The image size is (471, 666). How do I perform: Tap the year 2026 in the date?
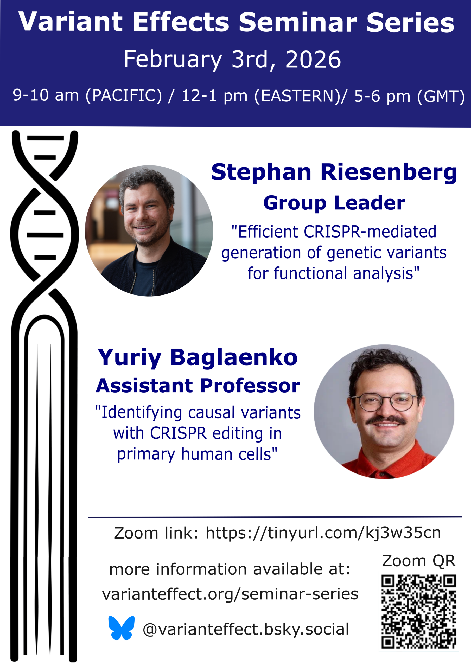(x=313, y=60)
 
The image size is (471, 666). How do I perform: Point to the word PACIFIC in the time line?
(x=124, y=95)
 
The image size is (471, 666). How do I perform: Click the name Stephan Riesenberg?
(x=334, y=172)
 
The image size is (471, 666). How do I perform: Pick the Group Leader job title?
(x=334, y=203)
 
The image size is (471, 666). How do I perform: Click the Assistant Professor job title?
(x=198, y=386)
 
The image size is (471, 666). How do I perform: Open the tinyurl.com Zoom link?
(x=323, y=533)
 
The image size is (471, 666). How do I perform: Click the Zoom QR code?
(x=418, y=612)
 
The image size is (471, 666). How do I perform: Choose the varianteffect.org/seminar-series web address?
(x=230, y=594)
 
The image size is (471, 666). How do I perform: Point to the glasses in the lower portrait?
(x=385, y=402)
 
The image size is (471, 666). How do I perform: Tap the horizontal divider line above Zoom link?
(x=275, y=517)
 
